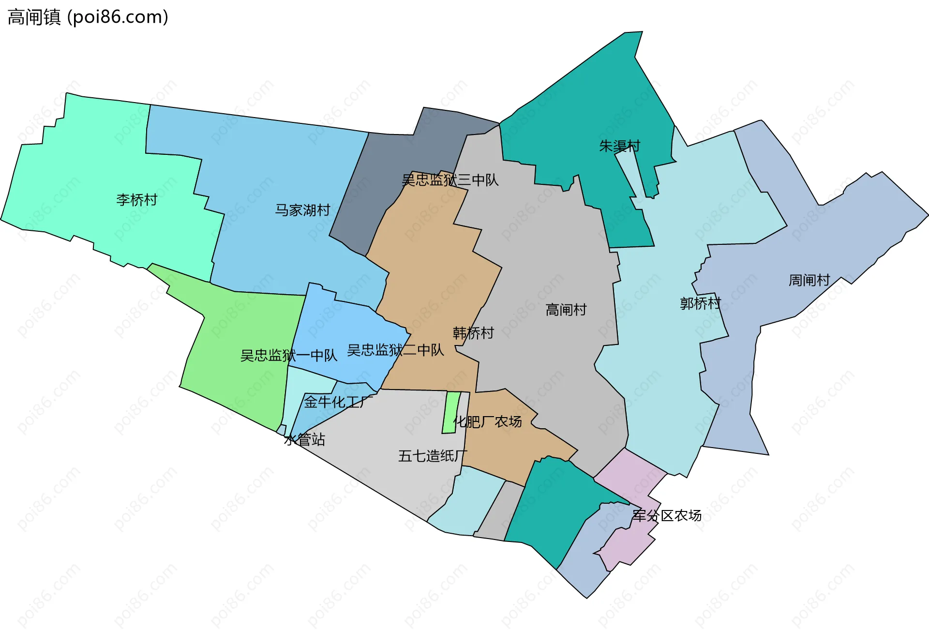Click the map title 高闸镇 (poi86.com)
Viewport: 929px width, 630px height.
click(88, 17)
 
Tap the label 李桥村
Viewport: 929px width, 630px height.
click(137, 200)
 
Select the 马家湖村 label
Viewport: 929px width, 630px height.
click(302, 210)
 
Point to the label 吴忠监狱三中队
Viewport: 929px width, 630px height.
click(450, 180)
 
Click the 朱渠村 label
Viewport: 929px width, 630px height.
click(619, 146)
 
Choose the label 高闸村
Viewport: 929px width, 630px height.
click(566, 310)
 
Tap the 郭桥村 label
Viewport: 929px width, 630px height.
click(700, 303)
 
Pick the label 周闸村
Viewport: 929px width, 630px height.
click(809, 280)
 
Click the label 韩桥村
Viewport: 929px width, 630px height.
click(473, 333)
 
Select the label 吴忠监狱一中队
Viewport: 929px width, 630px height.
click(289, 356)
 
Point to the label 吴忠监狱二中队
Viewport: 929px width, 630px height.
click(395, 350)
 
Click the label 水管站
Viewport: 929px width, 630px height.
click(304, 439)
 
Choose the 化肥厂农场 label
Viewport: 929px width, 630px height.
click(487, 421)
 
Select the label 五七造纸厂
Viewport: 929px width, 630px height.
click(433, 456)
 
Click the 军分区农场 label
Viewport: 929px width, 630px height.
click(667, 516)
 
